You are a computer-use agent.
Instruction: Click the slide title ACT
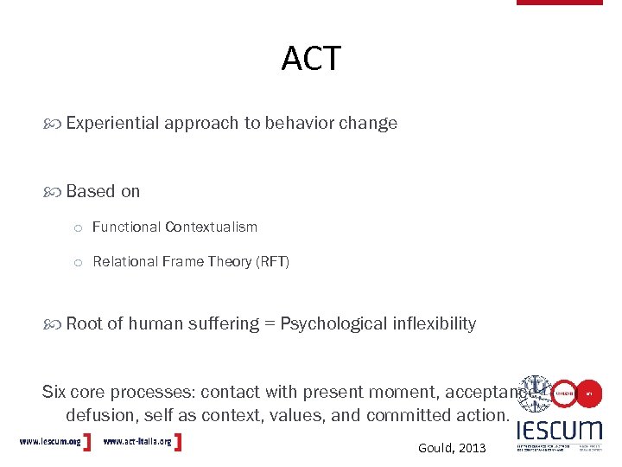(311, 59)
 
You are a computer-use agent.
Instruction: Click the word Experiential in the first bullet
(112, 123)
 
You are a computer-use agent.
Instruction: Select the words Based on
(102, 191)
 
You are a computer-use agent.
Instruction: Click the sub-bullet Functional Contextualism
(175, 227)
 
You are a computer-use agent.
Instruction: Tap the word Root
(84, 323)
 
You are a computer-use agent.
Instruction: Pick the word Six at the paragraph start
(54, 392)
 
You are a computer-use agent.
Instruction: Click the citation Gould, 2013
(452, 448)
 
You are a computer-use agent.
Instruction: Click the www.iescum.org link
(50, 442)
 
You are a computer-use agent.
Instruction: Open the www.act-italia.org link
(137, 442)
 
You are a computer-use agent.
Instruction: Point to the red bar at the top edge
(559, 3)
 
